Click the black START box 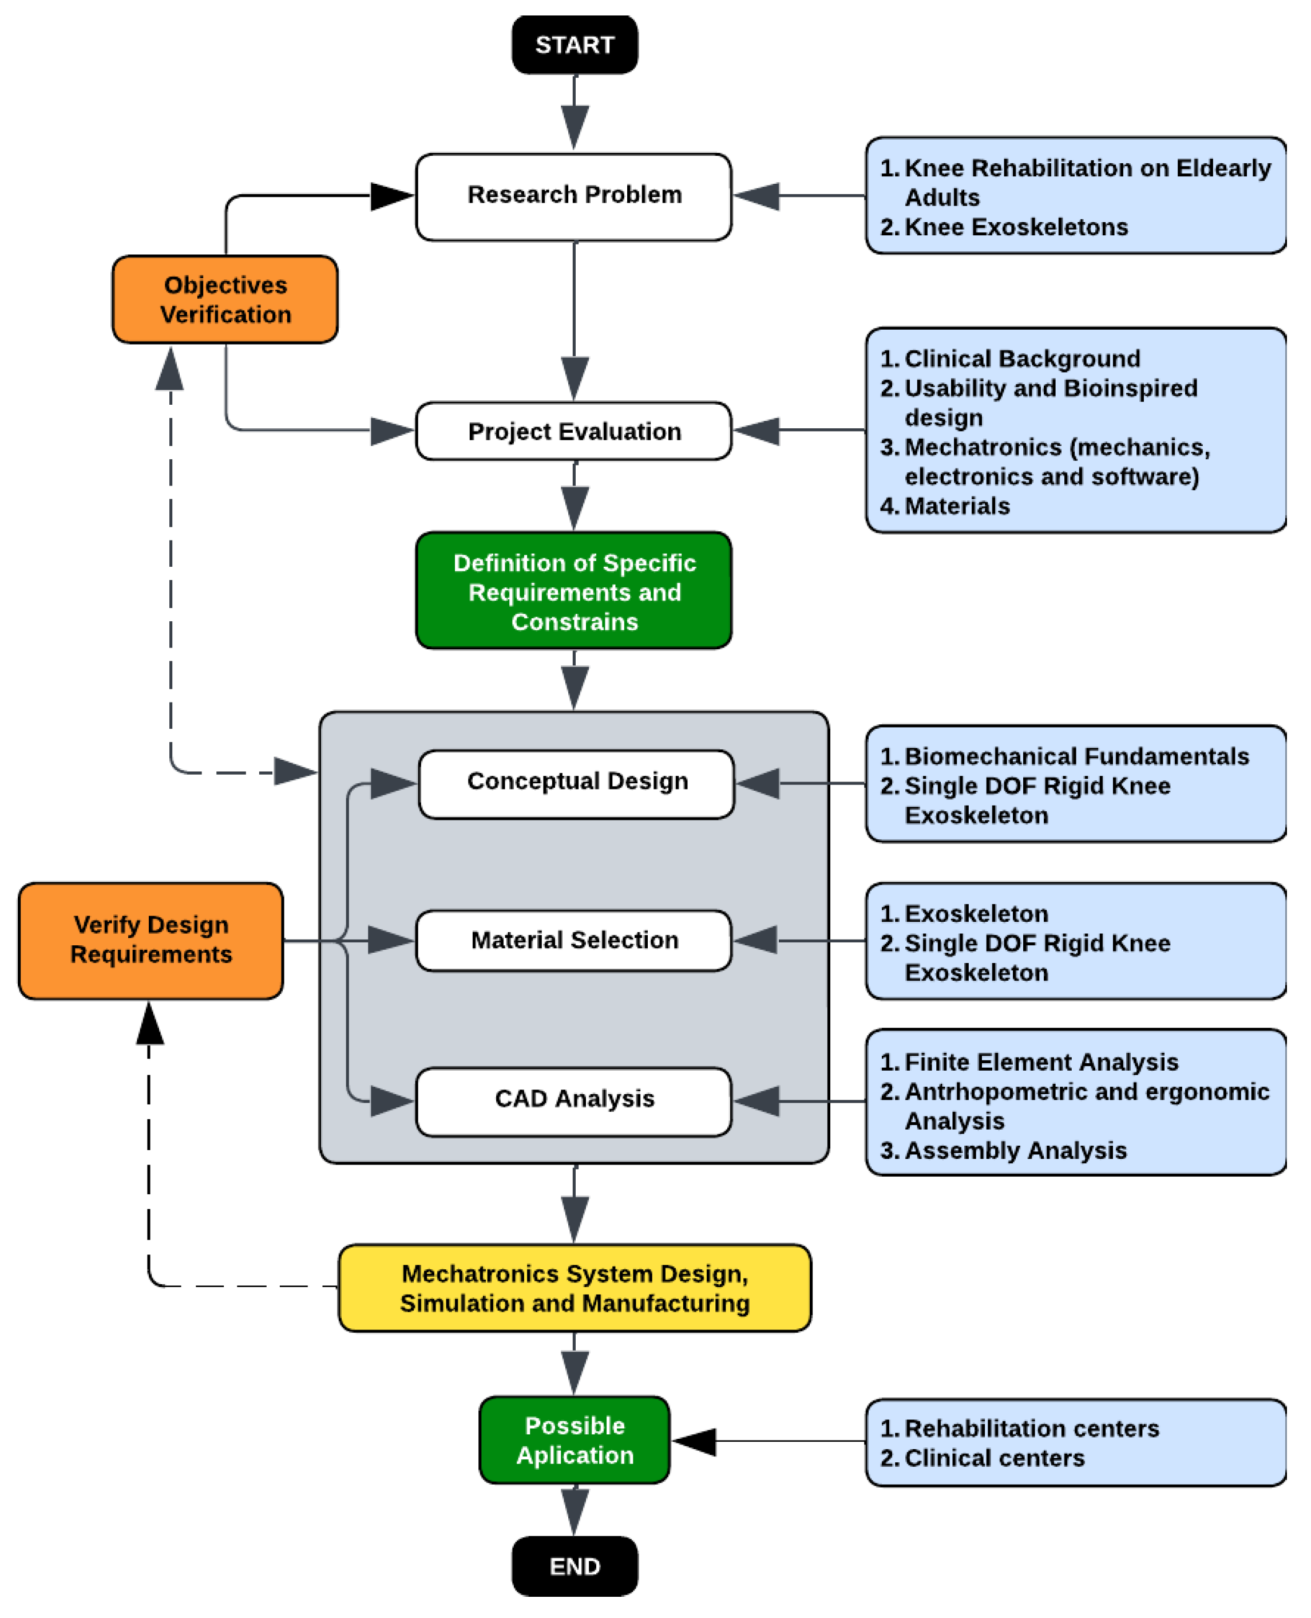click(575, 45)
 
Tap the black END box click(575, 1566)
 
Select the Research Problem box click(574, 196)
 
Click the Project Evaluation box click(574, 431)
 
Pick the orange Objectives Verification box click(225, 299)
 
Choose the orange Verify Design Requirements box click(151, 941)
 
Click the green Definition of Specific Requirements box click(574, 590)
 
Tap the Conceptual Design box click(576, 783)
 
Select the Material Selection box click(574, 941)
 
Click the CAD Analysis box click(574, 1100)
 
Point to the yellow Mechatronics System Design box click(575, 1288)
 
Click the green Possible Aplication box click(575, 1440)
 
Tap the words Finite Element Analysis click(1041, 1062)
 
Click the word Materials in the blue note click(957, 506)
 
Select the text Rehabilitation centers click(1032, 1428)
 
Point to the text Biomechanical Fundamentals click(1077, 756)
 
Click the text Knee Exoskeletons click(1016, 227)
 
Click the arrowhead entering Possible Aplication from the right click(693, 1441)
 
